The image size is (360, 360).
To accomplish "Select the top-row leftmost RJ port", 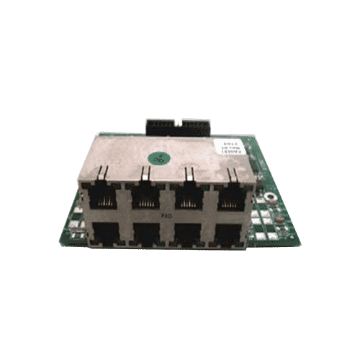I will [104, 196].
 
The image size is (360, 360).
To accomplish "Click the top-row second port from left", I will [146, 196].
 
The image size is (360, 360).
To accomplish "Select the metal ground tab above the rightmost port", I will [233, 173].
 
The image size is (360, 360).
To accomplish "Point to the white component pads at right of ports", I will [265, 219].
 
